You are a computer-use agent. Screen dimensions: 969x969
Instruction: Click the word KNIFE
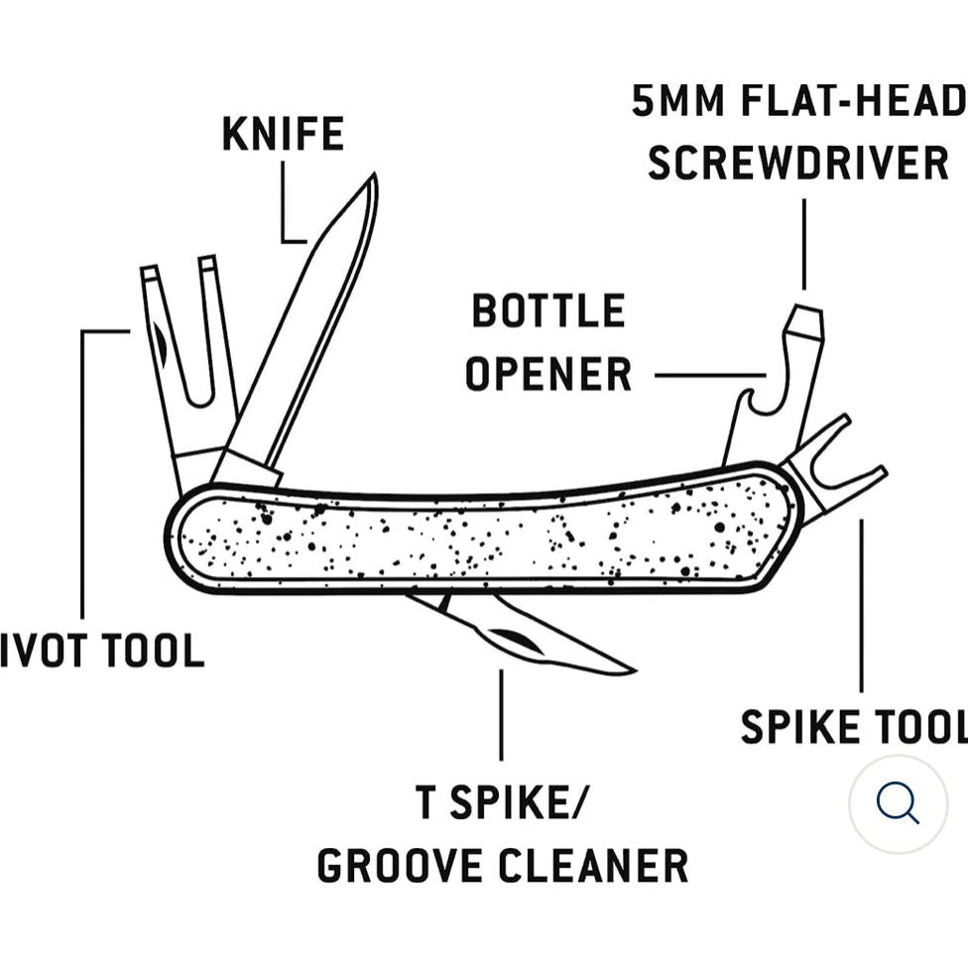(283, 135)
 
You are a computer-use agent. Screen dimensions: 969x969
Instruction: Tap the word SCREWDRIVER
(798, 164)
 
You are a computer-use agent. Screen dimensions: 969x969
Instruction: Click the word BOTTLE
(547, 311)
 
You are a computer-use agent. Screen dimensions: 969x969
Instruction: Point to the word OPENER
(547, 375)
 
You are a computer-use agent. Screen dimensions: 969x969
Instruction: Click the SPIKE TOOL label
(853, 727)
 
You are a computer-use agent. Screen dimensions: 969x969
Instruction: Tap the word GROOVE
(401, 866)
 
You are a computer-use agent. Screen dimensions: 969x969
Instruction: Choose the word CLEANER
(593, 866)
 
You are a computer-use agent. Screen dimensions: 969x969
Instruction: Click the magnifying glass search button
(898, 803)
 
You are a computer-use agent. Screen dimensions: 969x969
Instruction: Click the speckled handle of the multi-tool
(486, 541)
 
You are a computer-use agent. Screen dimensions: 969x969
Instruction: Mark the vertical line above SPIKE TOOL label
(861, 605)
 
